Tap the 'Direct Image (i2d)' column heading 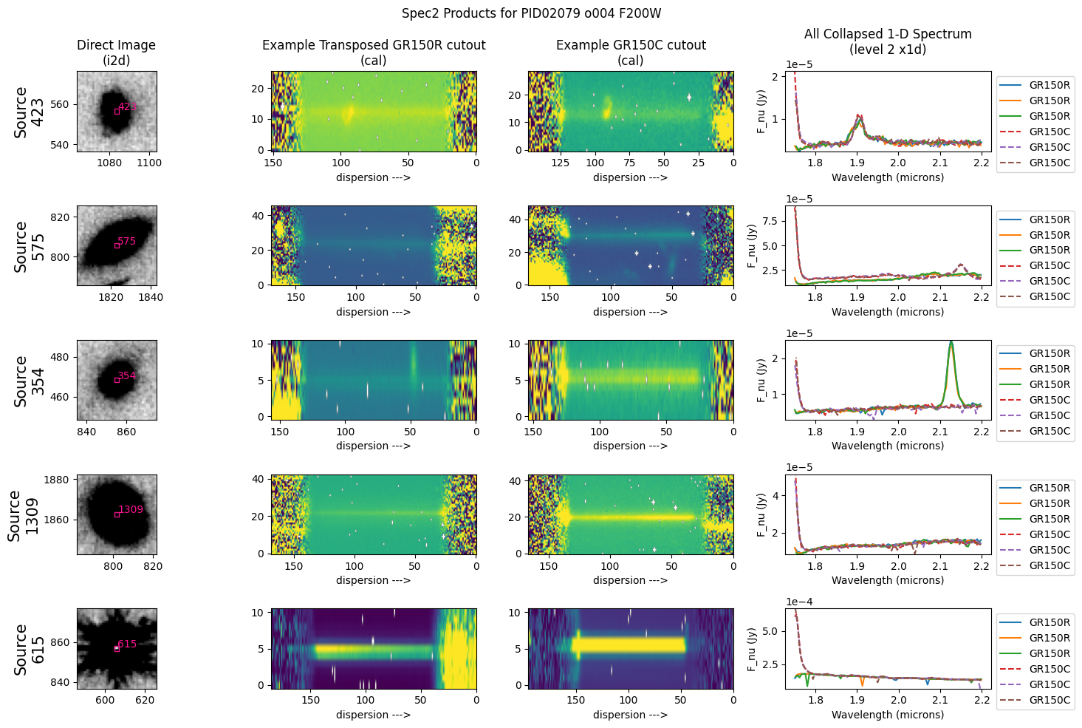point(116,52)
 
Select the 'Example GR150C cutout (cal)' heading point(631,52)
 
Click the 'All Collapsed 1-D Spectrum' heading point(888,41)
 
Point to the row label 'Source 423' point(29,112)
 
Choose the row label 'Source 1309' point(22,514)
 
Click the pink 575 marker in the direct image point(126,242)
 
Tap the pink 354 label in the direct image point(126,376)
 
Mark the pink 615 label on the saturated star point(127,644)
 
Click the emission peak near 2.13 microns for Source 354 point(951,343)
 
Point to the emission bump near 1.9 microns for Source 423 point(858,116)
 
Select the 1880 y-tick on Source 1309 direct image point(57,480)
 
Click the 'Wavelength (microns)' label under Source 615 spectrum point(888,715)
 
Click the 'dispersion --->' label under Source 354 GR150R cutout point(373,446)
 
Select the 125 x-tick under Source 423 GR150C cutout point(561,163)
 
